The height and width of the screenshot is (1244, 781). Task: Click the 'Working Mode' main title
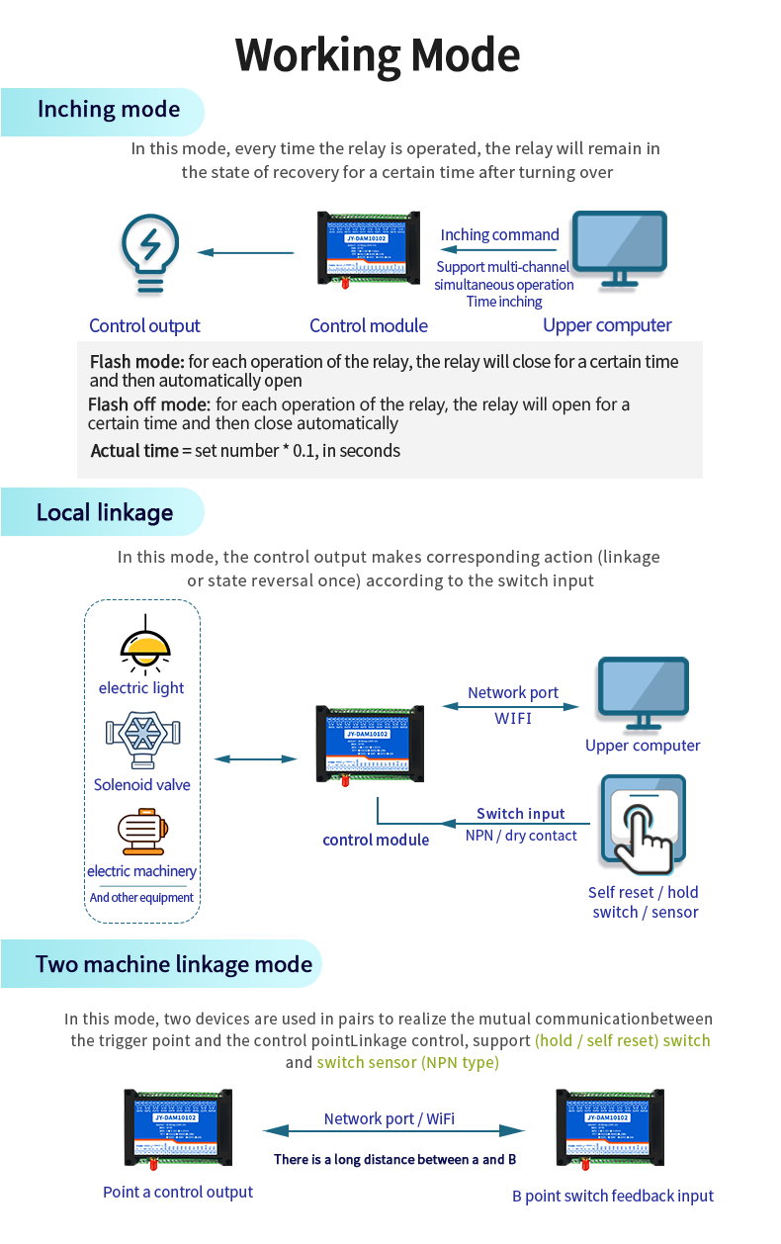pos(378,55)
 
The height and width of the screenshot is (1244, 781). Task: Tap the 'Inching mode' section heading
pos(109,110)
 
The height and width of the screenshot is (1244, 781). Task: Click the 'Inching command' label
pos(499,235)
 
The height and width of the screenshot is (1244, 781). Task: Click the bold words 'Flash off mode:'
pos(149,404)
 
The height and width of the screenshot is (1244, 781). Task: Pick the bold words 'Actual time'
pos(134,451)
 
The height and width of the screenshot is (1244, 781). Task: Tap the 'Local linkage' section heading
pos(105,512)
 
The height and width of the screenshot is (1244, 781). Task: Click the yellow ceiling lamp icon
pos(145,644)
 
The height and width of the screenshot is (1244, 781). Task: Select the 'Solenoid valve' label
pos(142,785)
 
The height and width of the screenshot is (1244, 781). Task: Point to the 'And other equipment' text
pos(141,898)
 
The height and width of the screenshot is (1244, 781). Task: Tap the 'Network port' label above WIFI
pos(513,693)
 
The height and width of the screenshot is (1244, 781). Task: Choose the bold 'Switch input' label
pos(521,814)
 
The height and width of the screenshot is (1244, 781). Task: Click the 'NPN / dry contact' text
pos(521,836)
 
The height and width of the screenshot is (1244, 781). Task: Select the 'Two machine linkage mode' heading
pos(174,964)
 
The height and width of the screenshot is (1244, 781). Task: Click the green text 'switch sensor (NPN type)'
pos(407,1063)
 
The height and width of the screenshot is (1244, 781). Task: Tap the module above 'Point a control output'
pos(178,1127)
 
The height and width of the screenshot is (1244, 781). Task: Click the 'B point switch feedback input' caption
pos(613,1197)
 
